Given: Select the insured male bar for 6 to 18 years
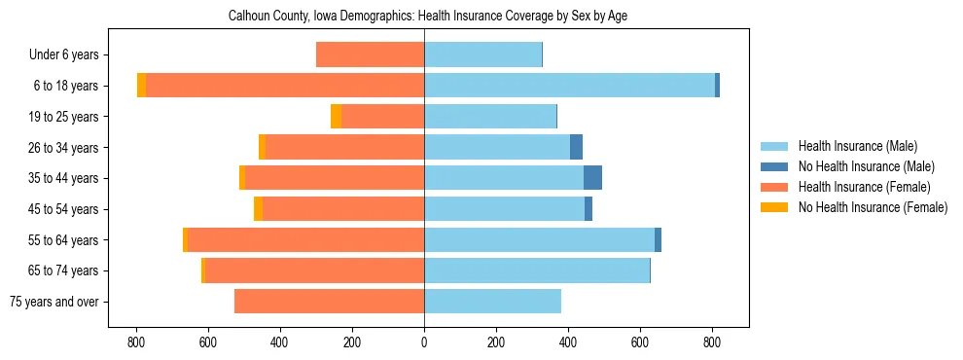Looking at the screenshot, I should tap(569, 86).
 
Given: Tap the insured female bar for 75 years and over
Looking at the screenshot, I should tap(329, 302).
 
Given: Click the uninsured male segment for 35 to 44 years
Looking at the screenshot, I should tap(592, 178).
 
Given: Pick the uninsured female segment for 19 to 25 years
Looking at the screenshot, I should tap(336, 117).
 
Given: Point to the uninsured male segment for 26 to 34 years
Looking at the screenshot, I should tap(576, 147).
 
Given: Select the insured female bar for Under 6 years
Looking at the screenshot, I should tap(370, 54).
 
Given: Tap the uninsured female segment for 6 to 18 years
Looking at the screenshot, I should tap(141, 86).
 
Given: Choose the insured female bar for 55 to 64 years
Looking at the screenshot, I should tap(305, 239).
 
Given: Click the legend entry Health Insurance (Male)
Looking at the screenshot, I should tap(857, 146).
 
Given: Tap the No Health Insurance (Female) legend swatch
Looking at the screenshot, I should tap(774, 207).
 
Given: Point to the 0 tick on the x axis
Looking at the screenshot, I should tap(424, 342).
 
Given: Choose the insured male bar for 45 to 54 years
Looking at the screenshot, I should tap(504, 209).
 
